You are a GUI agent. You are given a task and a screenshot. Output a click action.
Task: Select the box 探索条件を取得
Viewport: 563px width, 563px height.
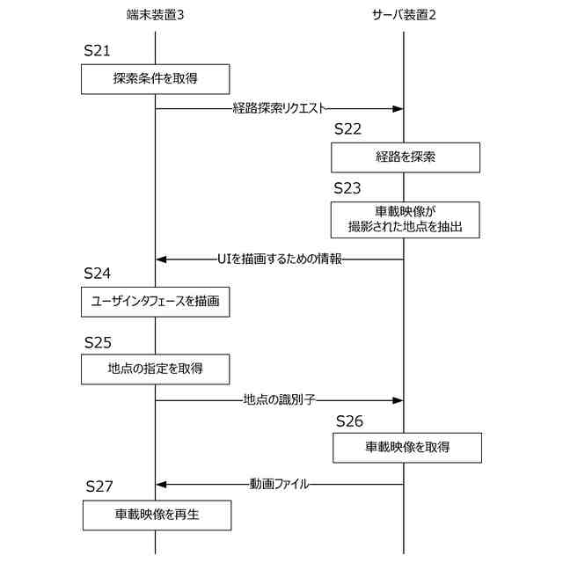click(156, 78)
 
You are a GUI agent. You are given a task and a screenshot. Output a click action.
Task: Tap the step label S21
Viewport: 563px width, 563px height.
click(97, 51)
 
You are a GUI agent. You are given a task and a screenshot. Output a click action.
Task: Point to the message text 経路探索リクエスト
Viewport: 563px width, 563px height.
click(279, 109)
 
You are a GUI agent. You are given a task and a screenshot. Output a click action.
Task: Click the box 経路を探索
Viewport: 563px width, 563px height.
click(406, 157)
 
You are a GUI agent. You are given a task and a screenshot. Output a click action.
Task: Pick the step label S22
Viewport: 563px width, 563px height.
click(347, 129)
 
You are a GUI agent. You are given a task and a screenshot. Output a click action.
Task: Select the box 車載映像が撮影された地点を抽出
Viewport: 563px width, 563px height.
click(406, 219)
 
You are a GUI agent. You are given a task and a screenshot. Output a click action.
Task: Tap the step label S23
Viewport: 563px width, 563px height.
click(347, 188)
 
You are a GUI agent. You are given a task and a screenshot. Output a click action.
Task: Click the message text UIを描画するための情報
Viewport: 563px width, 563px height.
click(279, 259)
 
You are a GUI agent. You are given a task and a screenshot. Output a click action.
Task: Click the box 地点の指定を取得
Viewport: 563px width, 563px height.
click(156, 369)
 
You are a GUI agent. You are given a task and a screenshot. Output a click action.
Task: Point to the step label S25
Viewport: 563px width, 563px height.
click(98, 341)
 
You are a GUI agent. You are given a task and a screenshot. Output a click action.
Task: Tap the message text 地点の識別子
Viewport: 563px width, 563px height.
click(279, 400)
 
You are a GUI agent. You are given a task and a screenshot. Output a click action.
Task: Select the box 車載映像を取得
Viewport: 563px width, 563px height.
click(407, 447)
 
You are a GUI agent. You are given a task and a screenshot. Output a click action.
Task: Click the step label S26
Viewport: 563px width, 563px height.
click(349, 420)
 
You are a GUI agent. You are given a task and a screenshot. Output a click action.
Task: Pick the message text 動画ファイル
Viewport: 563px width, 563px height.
click(279, 484)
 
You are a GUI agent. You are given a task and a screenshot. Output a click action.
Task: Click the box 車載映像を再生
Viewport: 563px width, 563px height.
click(157, 515)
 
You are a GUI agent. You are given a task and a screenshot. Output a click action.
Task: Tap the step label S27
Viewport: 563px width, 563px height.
click(99, 486)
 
